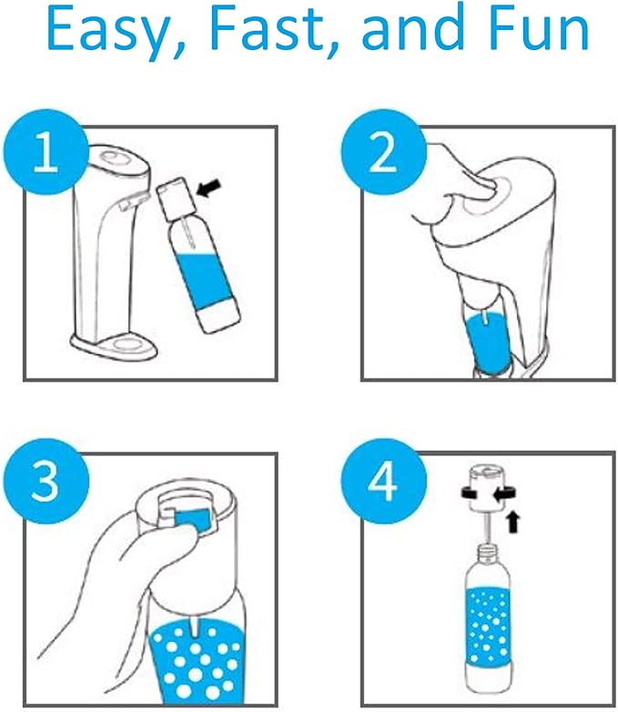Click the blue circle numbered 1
(x=46, y=152)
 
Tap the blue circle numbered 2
(x=384, y=152)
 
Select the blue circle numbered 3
(x=46, y=481)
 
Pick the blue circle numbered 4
(x=384, y=481)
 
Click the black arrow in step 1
(x=209, y=188)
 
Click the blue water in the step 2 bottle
(x=488, y=344)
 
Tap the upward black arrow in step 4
(x=513, y=522)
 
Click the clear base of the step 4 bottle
(x=489, y=680)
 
